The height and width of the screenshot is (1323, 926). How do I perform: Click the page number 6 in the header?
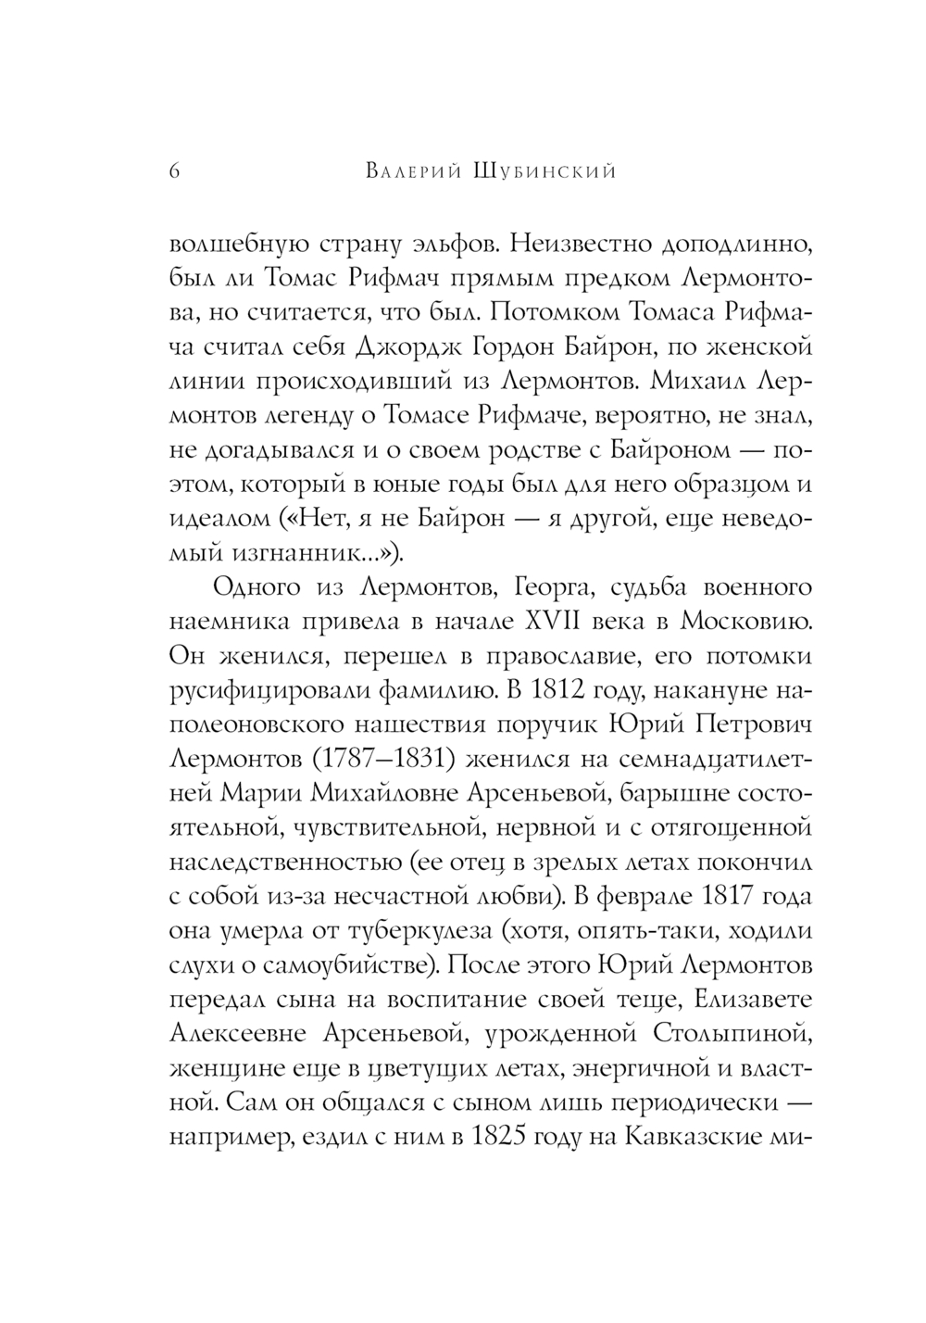[174, 171]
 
